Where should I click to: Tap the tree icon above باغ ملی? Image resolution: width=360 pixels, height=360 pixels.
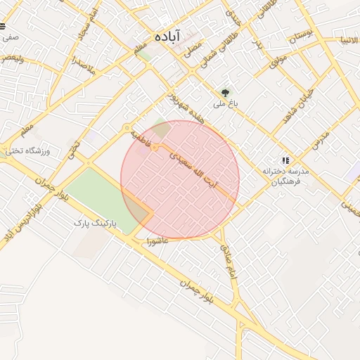226,92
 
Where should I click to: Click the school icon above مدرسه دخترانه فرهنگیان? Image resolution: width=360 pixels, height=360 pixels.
285,160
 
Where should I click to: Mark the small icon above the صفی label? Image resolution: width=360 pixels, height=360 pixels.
4,25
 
